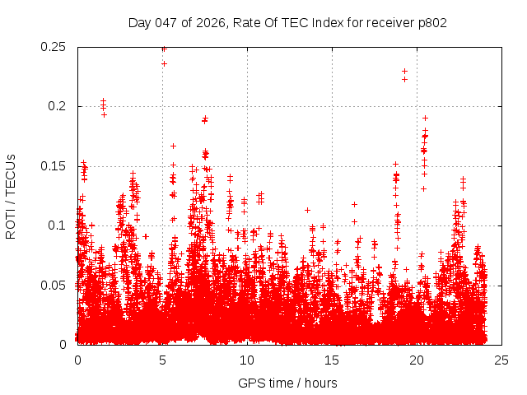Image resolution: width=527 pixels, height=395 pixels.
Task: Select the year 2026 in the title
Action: click(x=211, y=22)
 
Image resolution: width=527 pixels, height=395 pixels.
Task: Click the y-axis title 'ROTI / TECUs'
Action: click(x=11, y=196)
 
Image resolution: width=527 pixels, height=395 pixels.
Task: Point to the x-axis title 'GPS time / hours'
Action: click(x=287, y=383)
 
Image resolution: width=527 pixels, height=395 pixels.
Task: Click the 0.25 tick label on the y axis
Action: click(x=54, y=47)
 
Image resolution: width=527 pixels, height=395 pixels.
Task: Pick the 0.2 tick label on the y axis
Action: click(x=59, y=106)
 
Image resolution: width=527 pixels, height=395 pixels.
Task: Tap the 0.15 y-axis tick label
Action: click(x=54, y=166)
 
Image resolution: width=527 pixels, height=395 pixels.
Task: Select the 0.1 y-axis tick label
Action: click(x=59, y=225)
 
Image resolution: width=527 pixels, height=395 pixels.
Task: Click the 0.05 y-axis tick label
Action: click(x=54, y=285)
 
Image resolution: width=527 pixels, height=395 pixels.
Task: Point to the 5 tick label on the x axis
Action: click(x=163, y=360)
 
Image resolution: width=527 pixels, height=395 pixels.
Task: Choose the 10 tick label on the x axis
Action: click(x=248, y=360)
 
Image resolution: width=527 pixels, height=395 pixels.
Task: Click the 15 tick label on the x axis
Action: click(x=333, y=360)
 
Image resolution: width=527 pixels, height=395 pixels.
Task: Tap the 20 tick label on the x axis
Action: click(x=417, y=360)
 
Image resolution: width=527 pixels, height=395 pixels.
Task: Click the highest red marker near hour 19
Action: click(x=404, y=71)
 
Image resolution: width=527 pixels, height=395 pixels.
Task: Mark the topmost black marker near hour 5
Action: click(x=163, y=49)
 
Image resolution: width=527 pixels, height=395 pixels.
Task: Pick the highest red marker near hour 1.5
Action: click(x=103, y=101)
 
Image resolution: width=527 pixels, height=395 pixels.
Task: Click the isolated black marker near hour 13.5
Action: click(x=307, y=210)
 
